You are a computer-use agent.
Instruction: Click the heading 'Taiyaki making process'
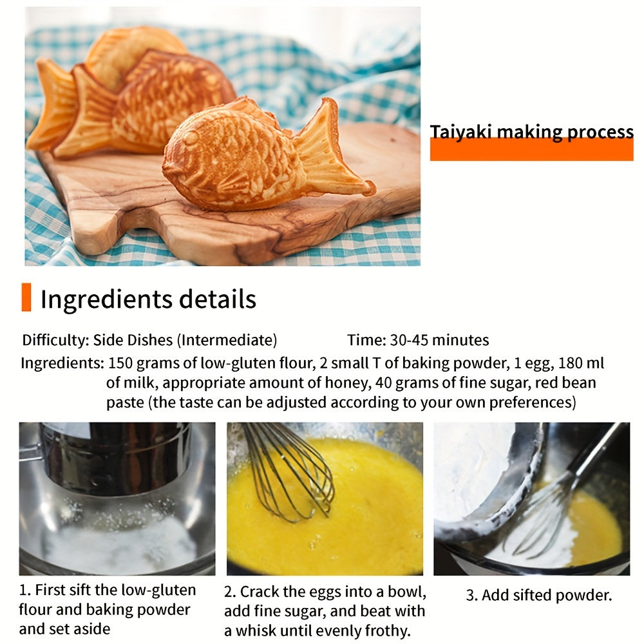point(531,132)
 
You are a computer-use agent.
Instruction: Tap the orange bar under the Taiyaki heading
point(531,149)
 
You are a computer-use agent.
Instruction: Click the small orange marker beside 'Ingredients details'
point(26,298)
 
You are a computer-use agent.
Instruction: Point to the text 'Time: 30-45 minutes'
point(418,340)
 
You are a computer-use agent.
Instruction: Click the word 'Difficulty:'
point(55,340)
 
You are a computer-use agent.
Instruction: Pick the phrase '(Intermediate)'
point(227,340)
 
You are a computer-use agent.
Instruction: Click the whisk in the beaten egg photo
point(290,470)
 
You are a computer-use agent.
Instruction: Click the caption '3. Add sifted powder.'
point(538,595)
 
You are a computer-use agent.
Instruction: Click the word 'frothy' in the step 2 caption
point(386,630)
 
